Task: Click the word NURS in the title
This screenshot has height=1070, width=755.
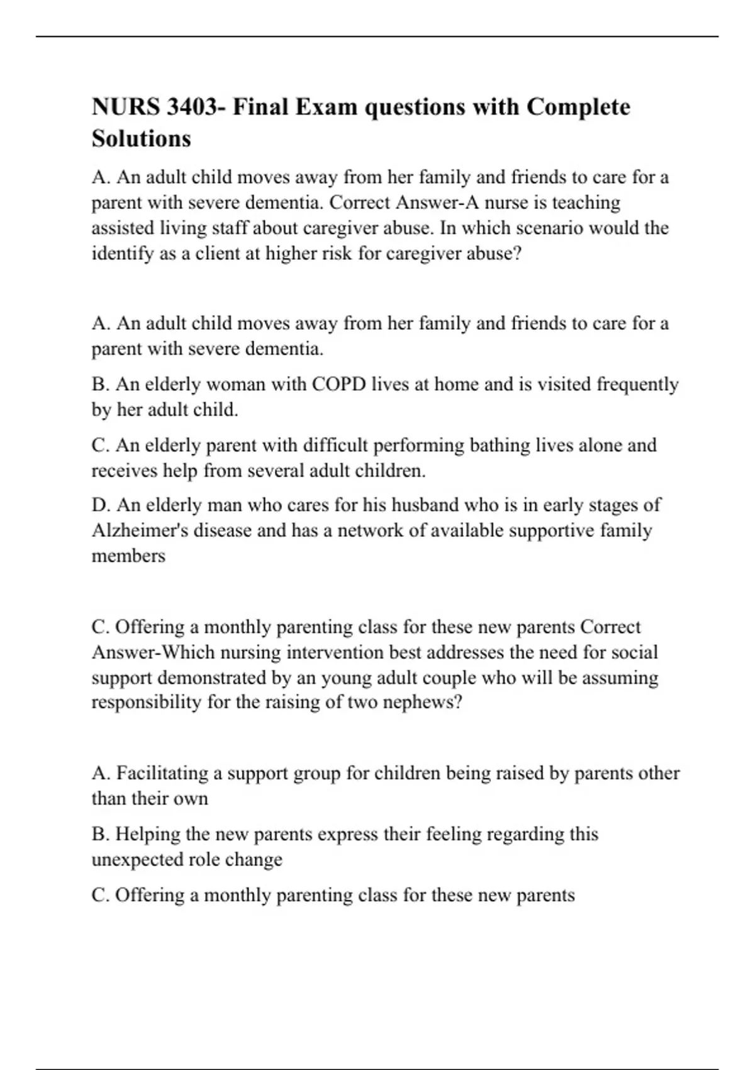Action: (126, 107)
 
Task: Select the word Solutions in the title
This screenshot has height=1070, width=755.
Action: (142, 138)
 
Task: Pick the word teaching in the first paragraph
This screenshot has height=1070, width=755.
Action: (586, 203)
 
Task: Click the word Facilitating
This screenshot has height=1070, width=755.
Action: (162, 773)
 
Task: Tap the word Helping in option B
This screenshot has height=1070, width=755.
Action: (150, 834)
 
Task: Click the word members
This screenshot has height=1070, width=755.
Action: (128, 556)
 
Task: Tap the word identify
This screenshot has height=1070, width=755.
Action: (123, 254)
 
